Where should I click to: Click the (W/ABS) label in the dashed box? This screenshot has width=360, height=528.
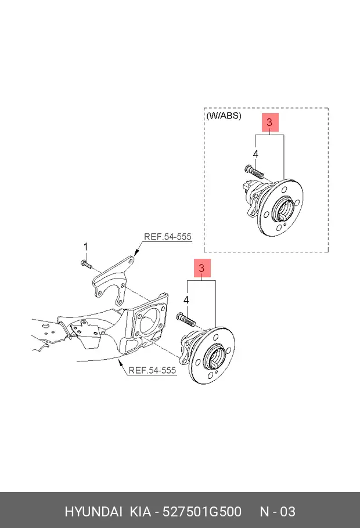tap(224, 115)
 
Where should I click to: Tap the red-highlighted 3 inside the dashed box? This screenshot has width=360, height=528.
tap(269, 122)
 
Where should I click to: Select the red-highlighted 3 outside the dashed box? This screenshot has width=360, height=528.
tap(201, 268)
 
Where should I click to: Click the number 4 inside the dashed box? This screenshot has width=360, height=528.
tap(255, 154)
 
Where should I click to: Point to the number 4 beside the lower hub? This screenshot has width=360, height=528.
tap(186, 300)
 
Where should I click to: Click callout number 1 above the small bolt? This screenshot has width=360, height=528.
tap(85, 247)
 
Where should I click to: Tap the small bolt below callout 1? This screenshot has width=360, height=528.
tap(86, 264)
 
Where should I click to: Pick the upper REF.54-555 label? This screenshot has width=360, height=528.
tap(168, 237)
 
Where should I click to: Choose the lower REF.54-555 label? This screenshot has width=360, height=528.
tap(152, 370)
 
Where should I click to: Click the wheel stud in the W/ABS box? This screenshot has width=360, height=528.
tap(254, 172)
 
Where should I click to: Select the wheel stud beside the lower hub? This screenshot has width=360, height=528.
tap(186, 319)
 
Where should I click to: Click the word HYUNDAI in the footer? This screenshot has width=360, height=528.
tap(93, 511)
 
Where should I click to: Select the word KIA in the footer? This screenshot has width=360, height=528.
tap(141, 511)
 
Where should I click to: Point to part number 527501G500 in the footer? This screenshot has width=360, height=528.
tap(202, 511)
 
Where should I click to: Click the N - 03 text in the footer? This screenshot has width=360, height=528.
tap(278, 511)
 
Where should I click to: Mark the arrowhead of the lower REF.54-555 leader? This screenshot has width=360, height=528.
tap(118, 361)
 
